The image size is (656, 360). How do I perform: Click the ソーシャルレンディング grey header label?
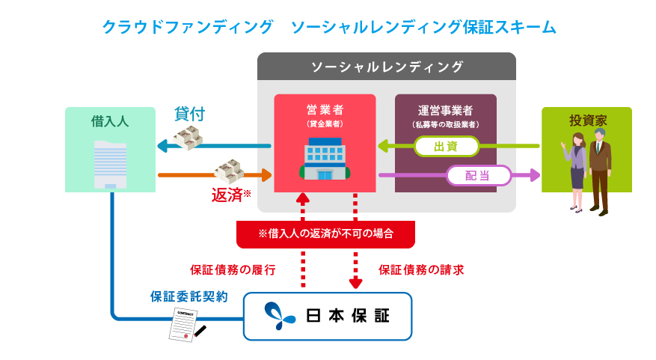(387, 67)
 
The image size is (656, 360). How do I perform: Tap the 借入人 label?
(110, 120)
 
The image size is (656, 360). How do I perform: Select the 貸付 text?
(190, 114)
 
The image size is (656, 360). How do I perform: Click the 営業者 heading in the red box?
(325, 110)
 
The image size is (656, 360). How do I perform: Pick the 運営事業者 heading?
(445, 110)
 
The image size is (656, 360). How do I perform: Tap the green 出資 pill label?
(446, 147)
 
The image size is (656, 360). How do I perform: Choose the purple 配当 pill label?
(479, 175)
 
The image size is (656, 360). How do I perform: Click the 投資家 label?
(586, 120)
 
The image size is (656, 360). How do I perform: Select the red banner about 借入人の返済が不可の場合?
(325, 234)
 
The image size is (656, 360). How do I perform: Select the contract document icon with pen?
(185, 324)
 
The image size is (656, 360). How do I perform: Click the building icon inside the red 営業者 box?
(325, 159)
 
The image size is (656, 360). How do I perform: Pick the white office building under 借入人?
(111, 164)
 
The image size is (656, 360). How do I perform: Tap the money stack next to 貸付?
(188, 138)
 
